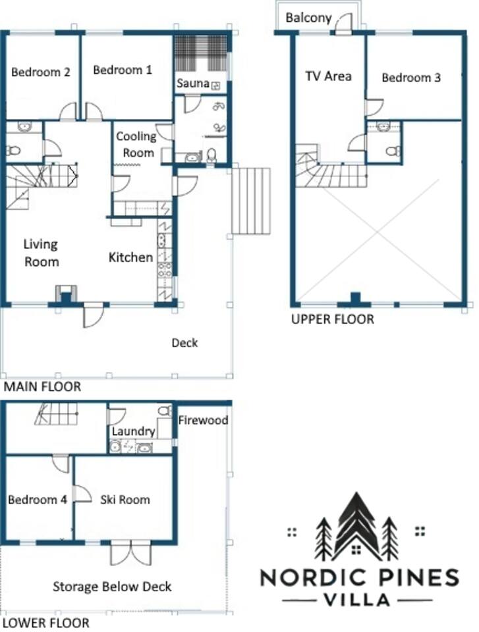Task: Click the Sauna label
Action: (x=193, y=84)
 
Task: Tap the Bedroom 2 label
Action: (x=40, y=72)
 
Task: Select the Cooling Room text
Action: (x=136, y=145)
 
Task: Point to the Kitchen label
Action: (x=130, y=257)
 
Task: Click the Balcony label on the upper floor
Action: (x=308, y=18)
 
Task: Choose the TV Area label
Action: (x=328, y=76)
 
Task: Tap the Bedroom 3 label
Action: (x=410, y=78)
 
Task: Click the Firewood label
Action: (x=203, y=420)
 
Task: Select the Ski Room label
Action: (x=125, y=500)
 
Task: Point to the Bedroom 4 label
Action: (x=37, y=500)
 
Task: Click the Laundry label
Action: (x=133, y=431)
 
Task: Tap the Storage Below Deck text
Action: (x=112, y=587)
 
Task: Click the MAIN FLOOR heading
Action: (x=42, y=387)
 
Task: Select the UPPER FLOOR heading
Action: (x=333, y=319)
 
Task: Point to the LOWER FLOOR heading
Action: (x=46, y=623)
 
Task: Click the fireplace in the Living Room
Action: (x=66, y=294)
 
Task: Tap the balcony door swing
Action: (x=344, y=23)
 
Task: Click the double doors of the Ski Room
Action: (x=131, y=553)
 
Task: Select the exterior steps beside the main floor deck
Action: (x=250, y=201)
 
